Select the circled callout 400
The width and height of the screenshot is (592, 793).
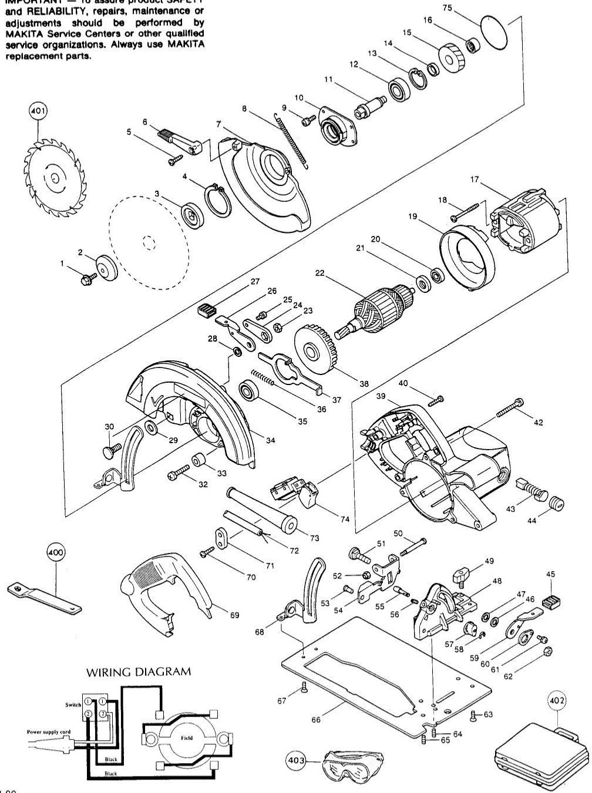(56, 553)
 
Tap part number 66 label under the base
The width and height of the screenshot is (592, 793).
(316, 720)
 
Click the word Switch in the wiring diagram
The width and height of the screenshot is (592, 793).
(74, 704)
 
